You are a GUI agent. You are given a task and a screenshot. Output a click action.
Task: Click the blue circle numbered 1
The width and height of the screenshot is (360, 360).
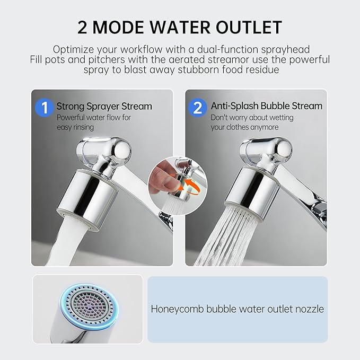pos(44,108)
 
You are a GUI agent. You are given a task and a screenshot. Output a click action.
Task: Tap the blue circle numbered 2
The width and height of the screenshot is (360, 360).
pos(197,108)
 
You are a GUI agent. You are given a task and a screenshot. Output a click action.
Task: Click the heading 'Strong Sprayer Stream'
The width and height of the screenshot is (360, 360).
pos(104,106)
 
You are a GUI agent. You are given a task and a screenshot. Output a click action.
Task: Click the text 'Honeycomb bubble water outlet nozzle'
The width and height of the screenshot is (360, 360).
pos(238,309)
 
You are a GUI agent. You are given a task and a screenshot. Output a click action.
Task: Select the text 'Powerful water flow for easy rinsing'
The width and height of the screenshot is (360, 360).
pos(94,122)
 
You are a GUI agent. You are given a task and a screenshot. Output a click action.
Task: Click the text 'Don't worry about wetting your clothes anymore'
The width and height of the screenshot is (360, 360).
pos(251,122)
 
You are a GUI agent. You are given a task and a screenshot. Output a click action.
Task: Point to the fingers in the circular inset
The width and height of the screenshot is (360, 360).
pos(163,178)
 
